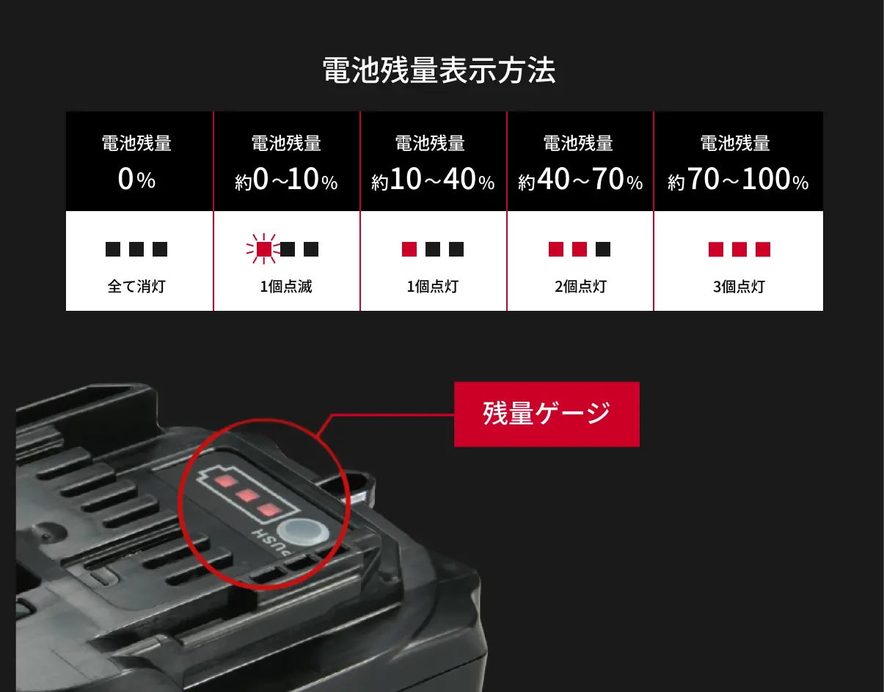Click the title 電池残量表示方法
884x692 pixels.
(439, 70)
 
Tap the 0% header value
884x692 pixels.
(136, 179)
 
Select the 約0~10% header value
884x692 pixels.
(286, 180)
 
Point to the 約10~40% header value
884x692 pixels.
(433, 180)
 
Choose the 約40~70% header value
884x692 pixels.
(580, 180)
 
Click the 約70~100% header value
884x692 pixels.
(738, 180)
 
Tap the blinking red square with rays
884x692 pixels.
(263, 249)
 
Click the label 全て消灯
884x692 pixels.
(136, 287)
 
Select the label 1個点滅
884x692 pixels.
(286, 287)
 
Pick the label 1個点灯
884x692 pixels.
(433, 287)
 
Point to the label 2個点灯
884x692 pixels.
(580, 287)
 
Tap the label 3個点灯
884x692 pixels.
(739, 287)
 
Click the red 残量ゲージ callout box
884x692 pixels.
(547, 414)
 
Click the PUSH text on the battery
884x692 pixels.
(271, 542)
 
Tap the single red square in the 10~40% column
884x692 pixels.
(409, 249)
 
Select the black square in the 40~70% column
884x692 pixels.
(603, 249)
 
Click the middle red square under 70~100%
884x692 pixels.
(739, 249)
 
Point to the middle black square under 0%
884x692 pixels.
(136, 249)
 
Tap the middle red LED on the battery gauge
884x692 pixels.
(248, 496)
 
